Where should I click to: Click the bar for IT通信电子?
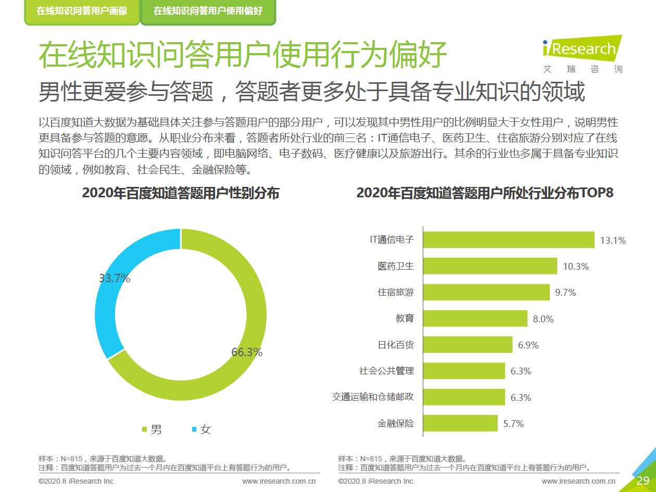(x=509, y=240)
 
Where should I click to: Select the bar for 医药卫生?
(x=490, y=266)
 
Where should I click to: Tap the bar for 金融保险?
(x=460, y=423)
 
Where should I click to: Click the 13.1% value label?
(x=613, y=241)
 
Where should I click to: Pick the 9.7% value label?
(x=565, y=293)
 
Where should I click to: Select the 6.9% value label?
(x=528, y=345)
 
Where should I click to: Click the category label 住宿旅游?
(x=396, y=292)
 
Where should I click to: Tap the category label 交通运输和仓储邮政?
(x=373, y=397)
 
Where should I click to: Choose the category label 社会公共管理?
(x=386, y=371)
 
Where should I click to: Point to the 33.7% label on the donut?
(x=115, y=279)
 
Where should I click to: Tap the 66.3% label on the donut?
(x=247, y=352)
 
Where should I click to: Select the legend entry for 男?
(x=153, y=430)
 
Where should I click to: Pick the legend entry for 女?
(x=202, y=430)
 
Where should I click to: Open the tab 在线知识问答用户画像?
(x=82, y=11)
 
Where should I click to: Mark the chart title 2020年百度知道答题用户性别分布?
(x=181, y=193)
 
